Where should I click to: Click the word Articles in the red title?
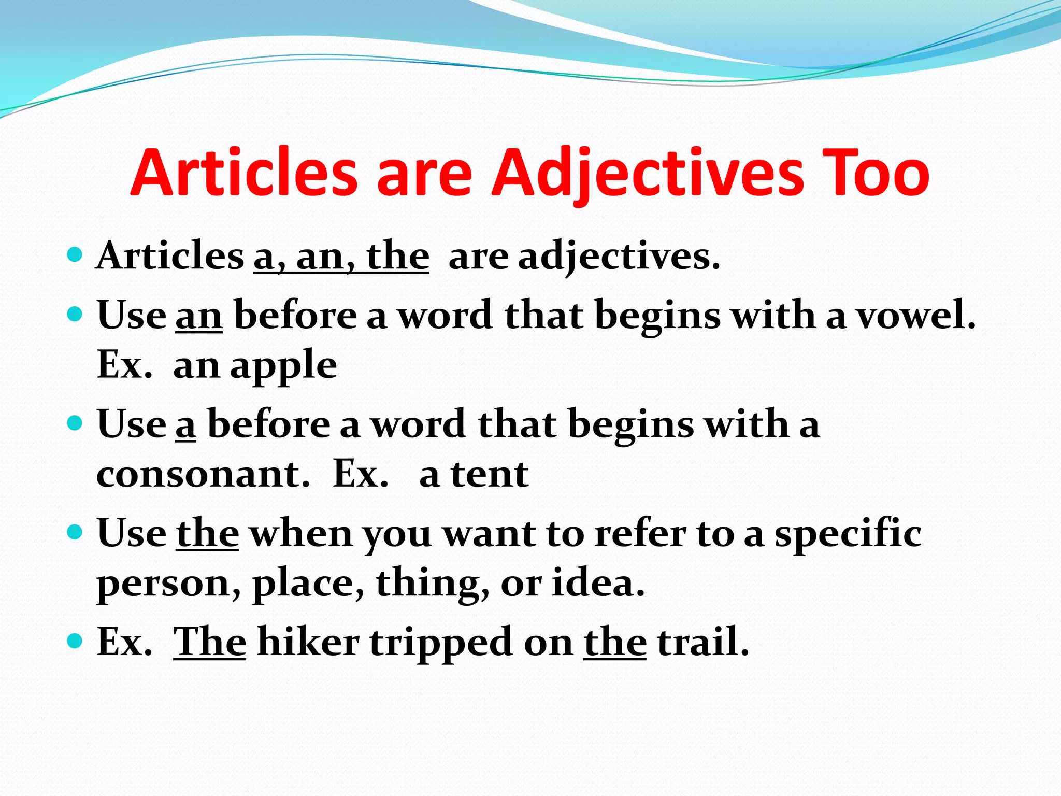click(243, 174)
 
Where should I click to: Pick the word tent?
click(490, 474)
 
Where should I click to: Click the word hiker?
click(308, 642)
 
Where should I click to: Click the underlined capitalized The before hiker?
click(209, 642)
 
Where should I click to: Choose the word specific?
click(848, 534)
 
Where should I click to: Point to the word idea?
click(598, 582)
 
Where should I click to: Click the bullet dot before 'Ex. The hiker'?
click(75, 641)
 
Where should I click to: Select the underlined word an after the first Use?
click(199, 316)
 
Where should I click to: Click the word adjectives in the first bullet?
click(619, 257)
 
